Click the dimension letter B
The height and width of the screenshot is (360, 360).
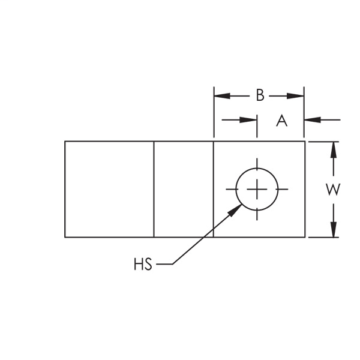pos(260,95)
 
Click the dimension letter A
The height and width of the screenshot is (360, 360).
pos(282,121)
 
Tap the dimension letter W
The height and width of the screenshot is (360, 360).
pos(333,190)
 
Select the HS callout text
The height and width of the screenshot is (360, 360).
pos(143,264)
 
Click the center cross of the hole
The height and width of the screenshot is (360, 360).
pos(257,189)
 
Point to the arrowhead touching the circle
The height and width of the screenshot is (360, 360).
pos(235,210)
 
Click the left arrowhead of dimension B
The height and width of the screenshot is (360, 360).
pos(222,96)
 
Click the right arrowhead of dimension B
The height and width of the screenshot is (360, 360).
pos(295,96)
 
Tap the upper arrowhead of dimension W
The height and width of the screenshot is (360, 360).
pos(334,149)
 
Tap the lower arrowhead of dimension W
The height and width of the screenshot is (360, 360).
pos(334,230)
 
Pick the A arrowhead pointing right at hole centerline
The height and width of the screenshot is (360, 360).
pos(248,120)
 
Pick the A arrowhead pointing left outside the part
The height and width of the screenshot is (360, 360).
pos(313,120)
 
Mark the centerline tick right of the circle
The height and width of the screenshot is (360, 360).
pos(282,189)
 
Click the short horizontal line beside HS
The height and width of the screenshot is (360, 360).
pos(164,264)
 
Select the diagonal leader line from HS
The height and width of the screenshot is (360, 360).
pos(207,234)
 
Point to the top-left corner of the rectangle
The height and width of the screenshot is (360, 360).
pos(65,142)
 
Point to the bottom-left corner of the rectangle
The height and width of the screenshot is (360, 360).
pos(65,237)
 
